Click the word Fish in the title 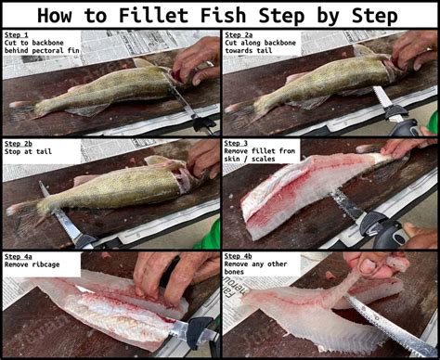245,15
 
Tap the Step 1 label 17,34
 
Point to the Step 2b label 19,145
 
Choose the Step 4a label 19,255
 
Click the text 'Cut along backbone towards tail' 261,46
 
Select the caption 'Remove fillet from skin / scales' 259,157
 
